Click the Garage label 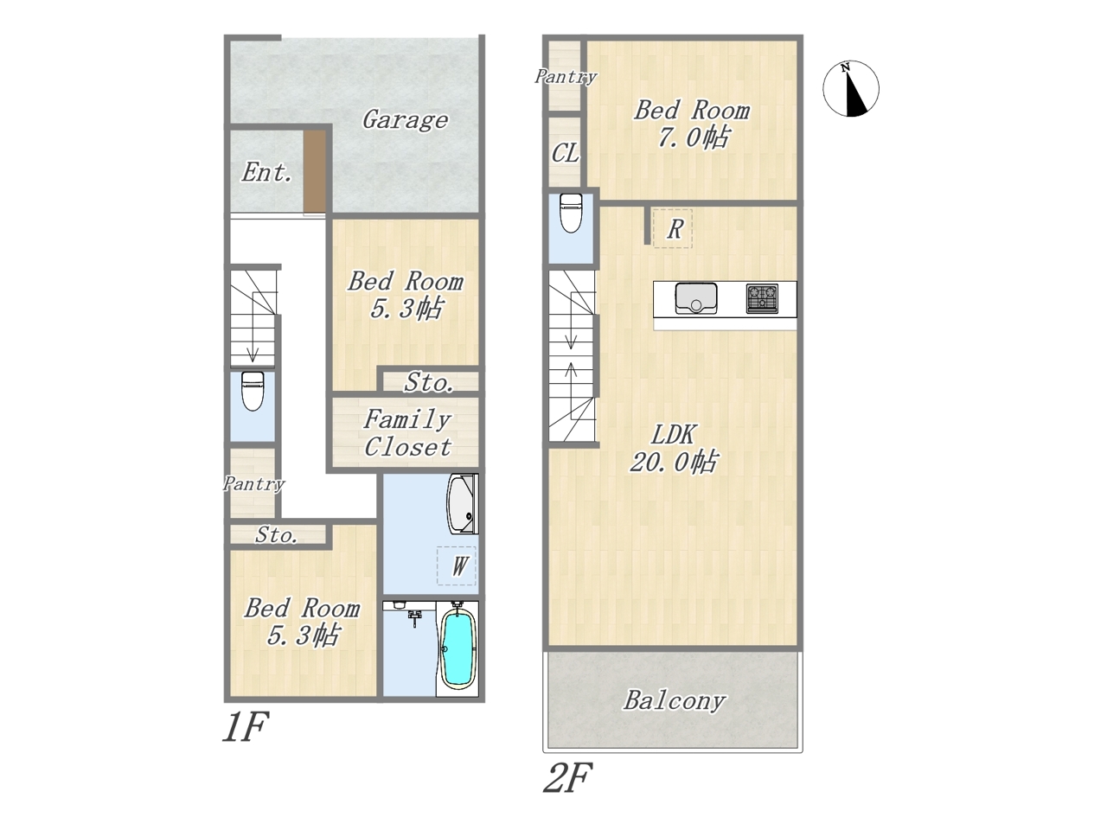[405, 120]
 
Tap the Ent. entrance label [266, 172]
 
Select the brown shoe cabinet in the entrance [315, 171]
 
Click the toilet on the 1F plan [253, 391]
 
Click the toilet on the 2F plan [571, 214]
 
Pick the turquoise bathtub [458, 647]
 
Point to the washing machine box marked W [457, 565]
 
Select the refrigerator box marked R [672, 228]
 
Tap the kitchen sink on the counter [696, 297]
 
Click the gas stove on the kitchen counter [762, 299]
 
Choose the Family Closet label [407, 433]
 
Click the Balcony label [675, 700]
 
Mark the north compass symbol [851, 89]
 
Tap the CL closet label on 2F [565, 153]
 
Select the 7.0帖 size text [694, 137]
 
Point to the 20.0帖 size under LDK [674, 462]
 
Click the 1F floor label [245, 726]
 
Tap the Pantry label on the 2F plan [566, 77]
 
